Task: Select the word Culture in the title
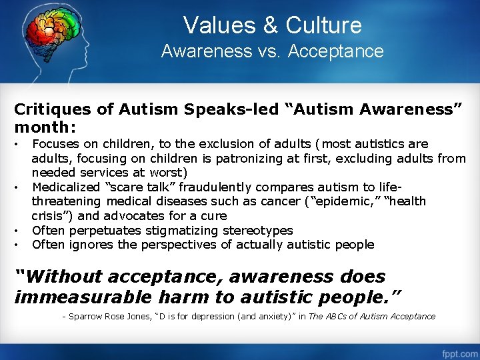323,25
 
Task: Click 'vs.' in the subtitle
273,51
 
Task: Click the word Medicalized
66,187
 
